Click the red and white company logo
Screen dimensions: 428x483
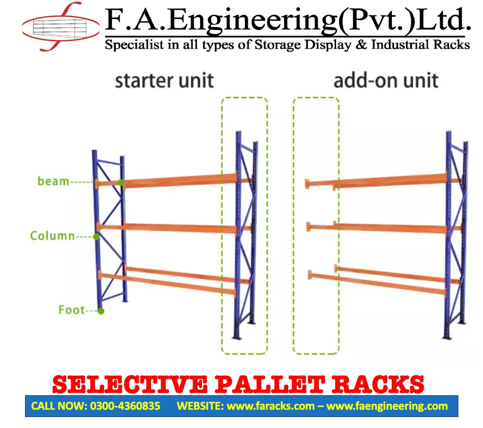(61, 27)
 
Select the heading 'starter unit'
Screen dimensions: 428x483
(164, 81)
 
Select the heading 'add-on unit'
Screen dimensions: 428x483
(386, 81)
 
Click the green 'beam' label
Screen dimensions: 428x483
(53, 181)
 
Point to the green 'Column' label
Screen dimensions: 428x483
(52, 236)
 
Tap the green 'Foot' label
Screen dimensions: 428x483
(71, 310)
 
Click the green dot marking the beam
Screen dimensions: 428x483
(120, 182)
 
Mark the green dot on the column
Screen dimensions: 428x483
(96, 237)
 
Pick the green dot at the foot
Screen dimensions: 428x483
(101, 311)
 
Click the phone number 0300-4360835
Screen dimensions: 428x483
(125, 406)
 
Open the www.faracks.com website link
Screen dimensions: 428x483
(270, 406)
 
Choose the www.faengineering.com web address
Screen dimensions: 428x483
(387, 406)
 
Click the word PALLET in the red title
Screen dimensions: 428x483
(270, 385)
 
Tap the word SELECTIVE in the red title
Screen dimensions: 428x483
(130, 385)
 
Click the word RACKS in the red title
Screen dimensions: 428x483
(378, 385)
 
